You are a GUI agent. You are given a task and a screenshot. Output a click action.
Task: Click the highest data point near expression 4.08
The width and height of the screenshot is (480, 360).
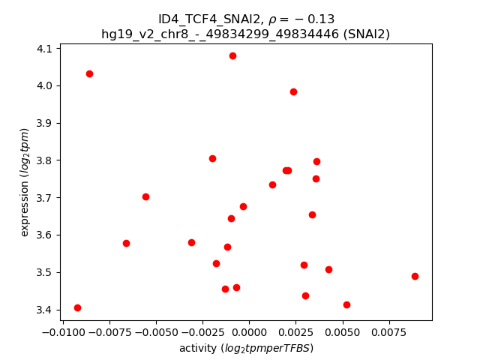232,55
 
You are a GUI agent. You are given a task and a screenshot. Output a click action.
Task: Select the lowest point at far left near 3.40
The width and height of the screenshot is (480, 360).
77,307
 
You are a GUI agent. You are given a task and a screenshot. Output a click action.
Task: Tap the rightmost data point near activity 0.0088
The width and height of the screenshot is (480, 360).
415,276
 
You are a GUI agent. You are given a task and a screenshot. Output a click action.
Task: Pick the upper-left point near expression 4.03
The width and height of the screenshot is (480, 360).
89,73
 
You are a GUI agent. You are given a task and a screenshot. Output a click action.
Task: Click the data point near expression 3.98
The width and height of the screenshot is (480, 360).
293,91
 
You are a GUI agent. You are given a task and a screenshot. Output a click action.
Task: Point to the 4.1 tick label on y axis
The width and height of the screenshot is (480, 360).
45,49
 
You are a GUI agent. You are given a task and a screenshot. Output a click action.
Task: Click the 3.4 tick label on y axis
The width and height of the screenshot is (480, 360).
45,310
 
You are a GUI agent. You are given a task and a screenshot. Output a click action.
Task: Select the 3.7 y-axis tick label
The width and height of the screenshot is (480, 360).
45,198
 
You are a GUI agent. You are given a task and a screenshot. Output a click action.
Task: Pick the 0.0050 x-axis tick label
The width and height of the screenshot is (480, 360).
342,332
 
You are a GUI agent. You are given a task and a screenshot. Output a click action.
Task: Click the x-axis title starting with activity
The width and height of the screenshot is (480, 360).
246,348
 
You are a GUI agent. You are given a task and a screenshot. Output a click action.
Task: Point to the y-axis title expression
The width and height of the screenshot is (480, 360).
25,182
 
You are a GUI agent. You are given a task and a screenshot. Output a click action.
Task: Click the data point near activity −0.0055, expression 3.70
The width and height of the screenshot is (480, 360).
145,196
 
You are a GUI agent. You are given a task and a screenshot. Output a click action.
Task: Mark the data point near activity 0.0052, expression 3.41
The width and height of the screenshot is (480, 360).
346,304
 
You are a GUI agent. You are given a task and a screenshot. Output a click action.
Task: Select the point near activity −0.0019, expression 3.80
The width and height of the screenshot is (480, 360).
212,158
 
